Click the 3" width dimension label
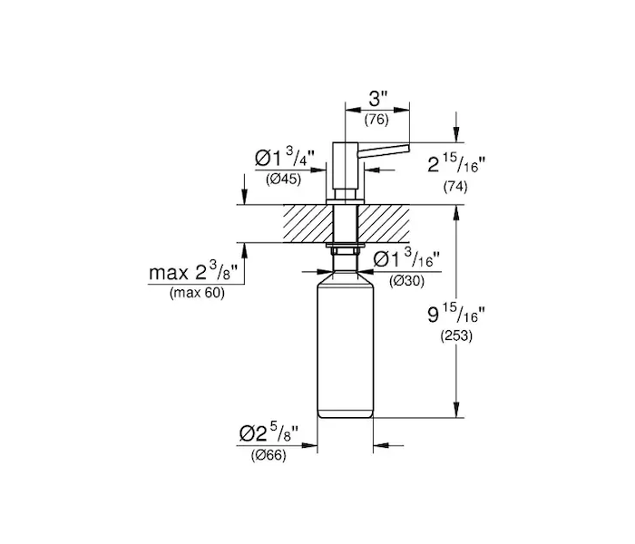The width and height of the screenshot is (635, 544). point(378,99)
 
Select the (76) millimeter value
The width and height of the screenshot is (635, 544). point(376,120)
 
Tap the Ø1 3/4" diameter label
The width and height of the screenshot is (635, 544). point(285,157)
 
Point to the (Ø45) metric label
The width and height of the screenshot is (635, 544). point(283,179)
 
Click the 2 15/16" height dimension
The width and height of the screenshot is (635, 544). point(456,163)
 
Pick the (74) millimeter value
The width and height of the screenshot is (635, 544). point(455,187)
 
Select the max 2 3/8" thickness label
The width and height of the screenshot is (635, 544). point(192,272)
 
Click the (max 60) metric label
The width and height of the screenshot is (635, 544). point(197,292)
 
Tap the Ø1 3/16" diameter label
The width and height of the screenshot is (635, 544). point(406,259)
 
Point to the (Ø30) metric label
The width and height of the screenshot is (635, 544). point(406,280)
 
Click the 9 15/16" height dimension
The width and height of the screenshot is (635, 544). point(456,313)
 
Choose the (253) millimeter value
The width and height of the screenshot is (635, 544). point(456,335)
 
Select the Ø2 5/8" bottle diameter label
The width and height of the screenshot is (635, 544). point(269,433)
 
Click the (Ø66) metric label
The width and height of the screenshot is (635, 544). point(269,455)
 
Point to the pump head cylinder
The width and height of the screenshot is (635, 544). point(345,166)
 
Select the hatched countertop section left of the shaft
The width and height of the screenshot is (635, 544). point(308,223)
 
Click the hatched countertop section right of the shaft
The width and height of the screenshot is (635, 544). point(383,223)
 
